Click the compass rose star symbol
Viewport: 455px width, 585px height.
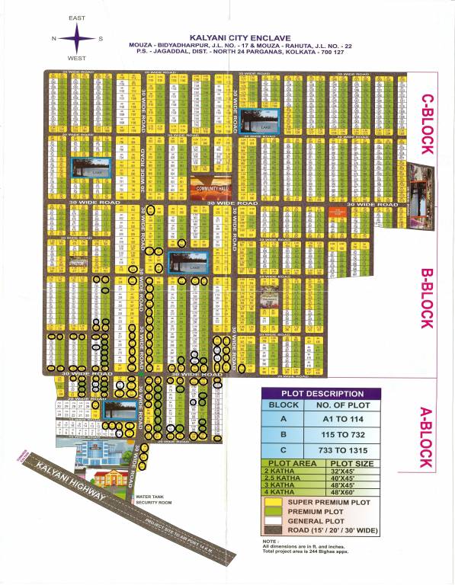point(76,38)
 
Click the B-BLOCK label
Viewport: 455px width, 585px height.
point(427,297)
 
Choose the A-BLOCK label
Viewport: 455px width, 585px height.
point(428,437)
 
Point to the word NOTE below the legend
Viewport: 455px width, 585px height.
point(271,541)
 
